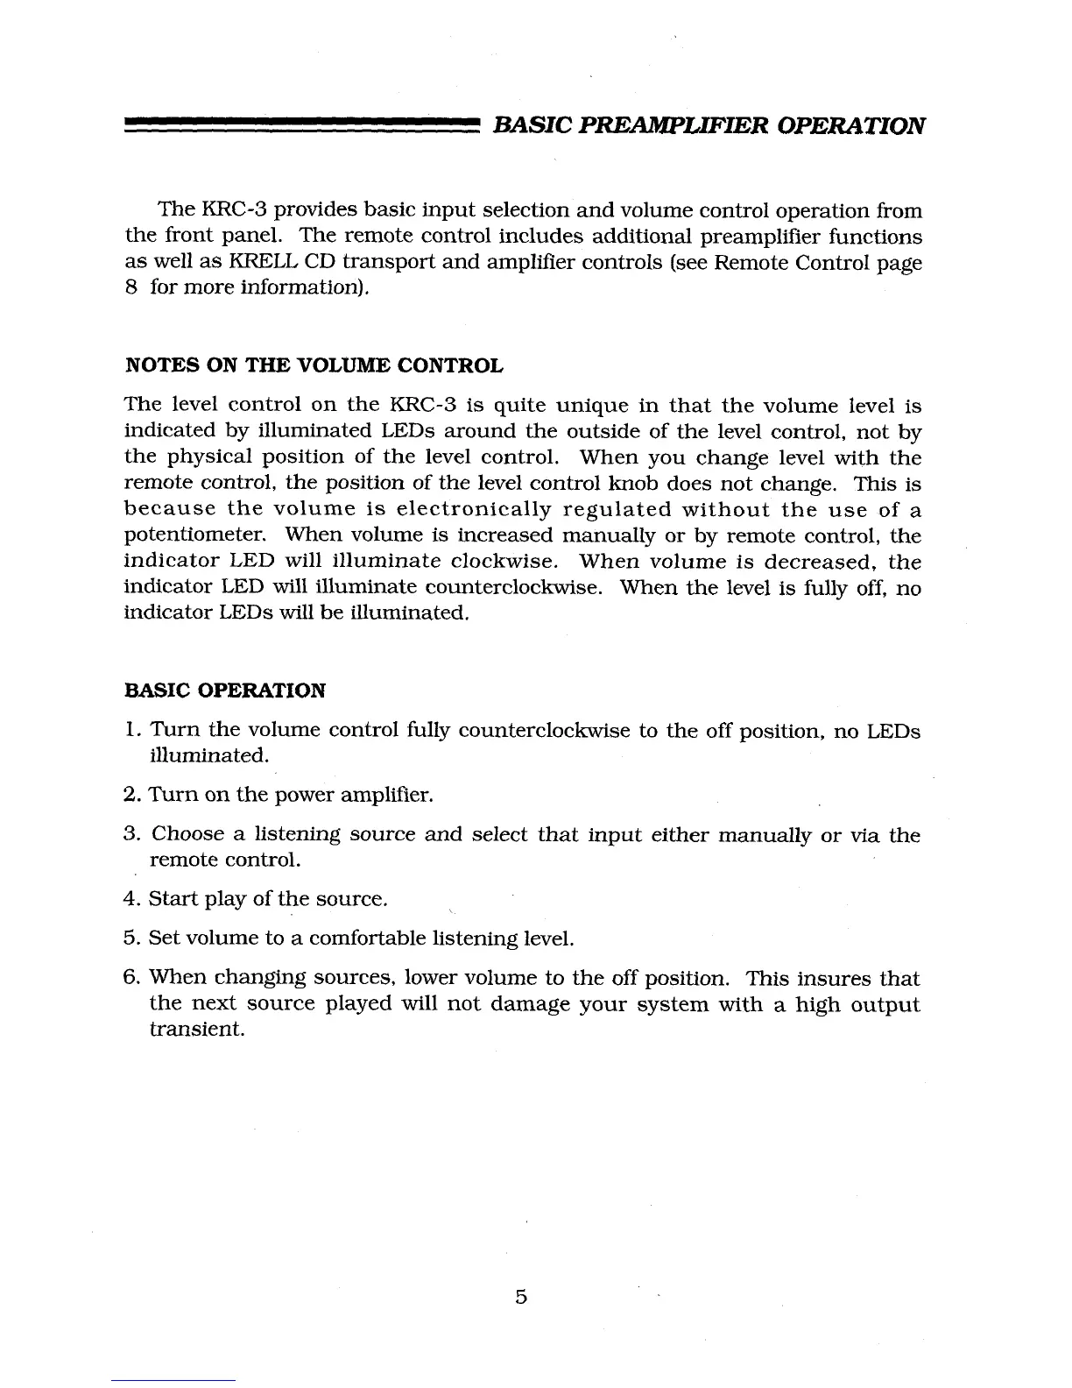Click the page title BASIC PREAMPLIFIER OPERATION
709,124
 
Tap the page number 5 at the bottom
521,1297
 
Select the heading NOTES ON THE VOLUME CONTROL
314,365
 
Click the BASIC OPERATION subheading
226,690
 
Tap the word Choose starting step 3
187,836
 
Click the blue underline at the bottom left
173,1381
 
